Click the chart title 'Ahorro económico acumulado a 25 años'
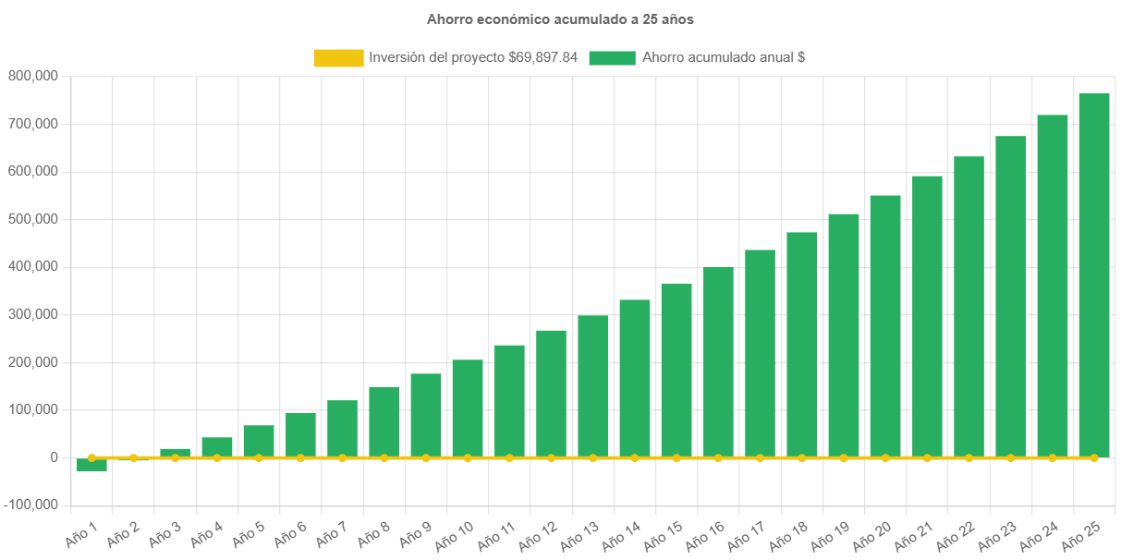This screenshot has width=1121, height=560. point(560,18)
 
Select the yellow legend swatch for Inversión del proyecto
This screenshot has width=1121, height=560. point(338,57)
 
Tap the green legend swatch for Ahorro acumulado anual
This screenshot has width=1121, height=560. point(611,57)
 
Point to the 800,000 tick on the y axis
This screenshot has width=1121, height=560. point(32,76)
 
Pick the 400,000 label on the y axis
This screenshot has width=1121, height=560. point(32,266)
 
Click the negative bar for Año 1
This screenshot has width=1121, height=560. point(91,466)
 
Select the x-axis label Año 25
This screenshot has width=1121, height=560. point(1080,534)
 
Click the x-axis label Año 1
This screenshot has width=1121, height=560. point(81,532)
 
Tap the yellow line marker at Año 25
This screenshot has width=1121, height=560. point(1094,457)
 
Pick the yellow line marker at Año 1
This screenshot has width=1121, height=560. point(91,457)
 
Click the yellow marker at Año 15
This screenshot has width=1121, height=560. point(676,457)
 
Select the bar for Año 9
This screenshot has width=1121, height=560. point(426,415)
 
